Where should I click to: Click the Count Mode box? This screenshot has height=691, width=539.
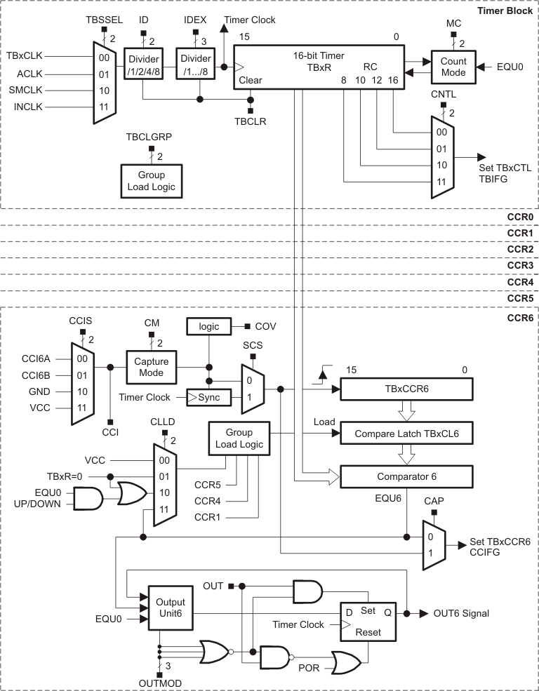point(453,67)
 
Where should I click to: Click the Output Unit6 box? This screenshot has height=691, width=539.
point(170,608)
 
